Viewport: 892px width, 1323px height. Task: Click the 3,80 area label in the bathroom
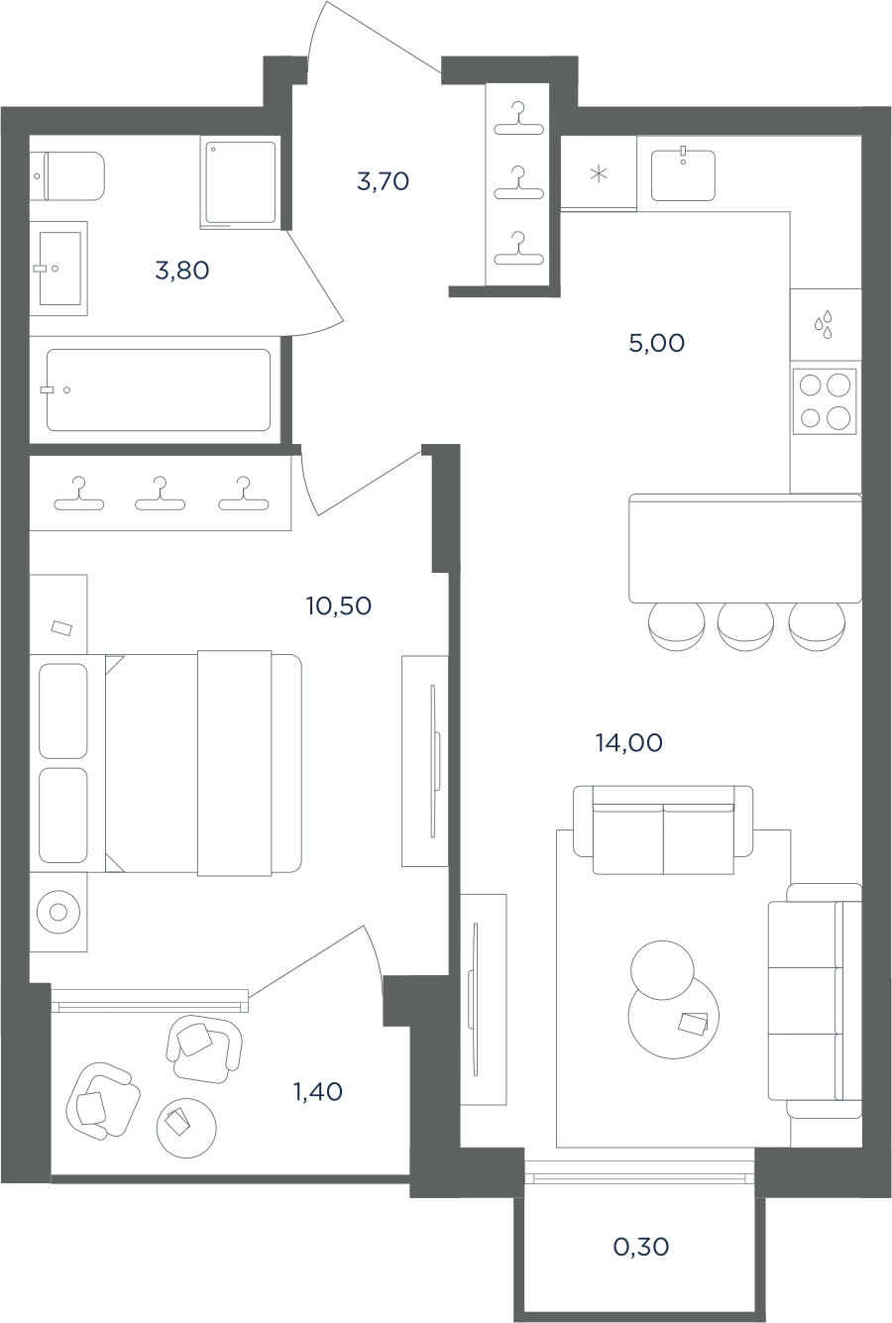point(182,271)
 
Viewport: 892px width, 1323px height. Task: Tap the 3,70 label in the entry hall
point(383,181)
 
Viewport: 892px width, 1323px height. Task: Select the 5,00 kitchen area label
point(656,343)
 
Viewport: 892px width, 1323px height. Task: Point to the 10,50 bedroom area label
point(339,606)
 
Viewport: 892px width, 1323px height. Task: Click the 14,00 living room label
point(628,743)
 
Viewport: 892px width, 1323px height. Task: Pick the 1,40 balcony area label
point(318,1092)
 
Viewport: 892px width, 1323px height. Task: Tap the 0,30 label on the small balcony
point(641,1248)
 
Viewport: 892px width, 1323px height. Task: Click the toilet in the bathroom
point(67,176)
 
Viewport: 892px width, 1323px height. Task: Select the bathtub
point(159,389)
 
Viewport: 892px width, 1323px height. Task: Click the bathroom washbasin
point(59,269)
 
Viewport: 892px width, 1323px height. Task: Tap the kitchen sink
point(683,175)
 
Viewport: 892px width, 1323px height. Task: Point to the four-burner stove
point(825,401)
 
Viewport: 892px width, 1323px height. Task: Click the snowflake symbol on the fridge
point(599,174)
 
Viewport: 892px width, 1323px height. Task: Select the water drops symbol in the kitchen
point(824,324)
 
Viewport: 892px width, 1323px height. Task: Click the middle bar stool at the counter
point(745,626)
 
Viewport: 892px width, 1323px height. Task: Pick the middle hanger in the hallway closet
point(518,184)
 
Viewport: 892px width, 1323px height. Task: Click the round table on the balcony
point(186,1128)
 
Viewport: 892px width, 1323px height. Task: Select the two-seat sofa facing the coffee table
point(663,829)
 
